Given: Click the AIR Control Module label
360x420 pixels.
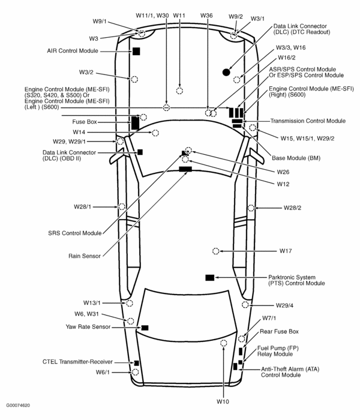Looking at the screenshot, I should (73, 51).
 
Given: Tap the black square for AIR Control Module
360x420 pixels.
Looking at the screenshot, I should (136, 51).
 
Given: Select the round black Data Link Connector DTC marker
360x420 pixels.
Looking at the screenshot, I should (226, 72).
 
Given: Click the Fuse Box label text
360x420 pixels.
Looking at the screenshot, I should (85, 122).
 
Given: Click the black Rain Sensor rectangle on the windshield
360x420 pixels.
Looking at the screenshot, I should (185, 170).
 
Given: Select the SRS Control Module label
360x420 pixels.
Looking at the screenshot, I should (75, 233).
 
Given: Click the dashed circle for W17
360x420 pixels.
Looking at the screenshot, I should (215, 250).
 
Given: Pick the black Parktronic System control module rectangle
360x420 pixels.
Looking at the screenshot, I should (209, 277).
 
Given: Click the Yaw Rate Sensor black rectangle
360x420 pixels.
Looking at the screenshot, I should (145, 328).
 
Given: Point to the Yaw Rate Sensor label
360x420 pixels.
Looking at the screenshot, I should (88, 326).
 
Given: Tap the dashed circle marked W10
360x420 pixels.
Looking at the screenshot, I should (223, 343).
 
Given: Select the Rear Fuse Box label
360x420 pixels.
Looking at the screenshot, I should (279, 331).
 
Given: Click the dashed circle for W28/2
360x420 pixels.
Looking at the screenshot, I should (251, 208).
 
